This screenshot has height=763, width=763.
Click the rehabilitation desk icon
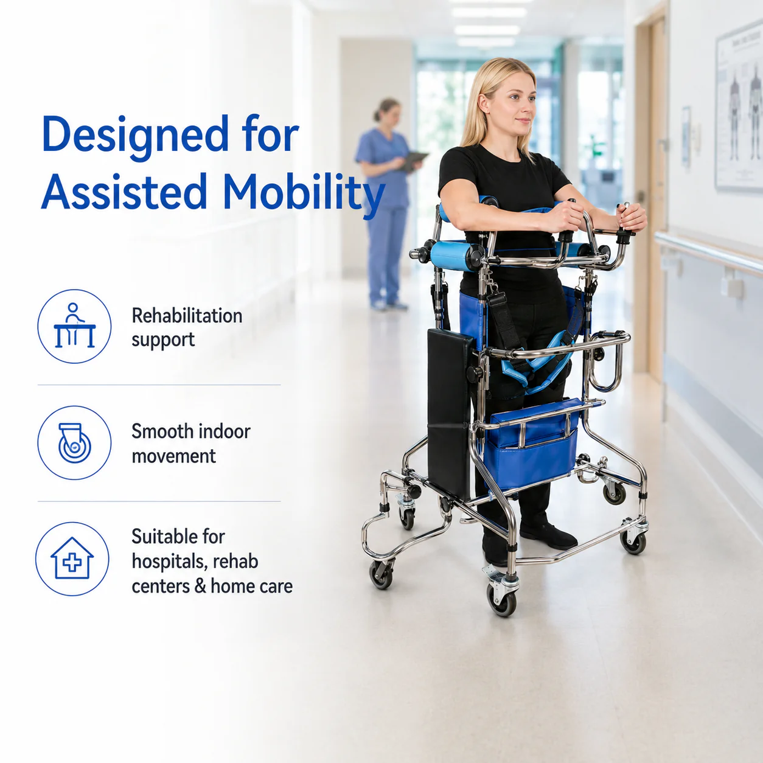coord(74,326)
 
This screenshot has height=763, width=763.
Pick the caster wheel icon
coord(74,442)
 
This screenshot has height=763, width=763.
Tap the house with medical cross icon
coord(72,559)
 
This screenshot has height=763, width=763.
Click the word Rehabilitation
coord(187,316)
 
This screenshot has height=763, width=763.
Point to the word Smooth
coord(162,431)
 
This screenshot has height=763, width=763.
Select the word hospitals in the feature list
coord(168,562)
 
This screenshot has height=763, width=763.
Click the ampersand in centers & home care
coord(200,587)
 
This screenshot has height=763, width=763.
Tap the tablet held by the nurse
coord(413,160)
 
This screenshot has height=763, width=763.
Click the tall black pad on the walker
coord(450,413)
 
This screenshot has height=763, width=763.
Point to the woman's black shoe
coord(548,536)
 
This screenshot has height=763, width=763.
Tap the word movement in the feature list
coord(174,456)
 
